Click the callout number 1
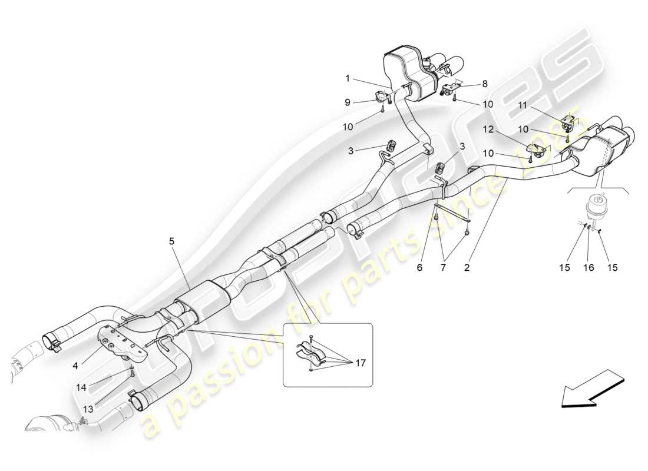(348, 78)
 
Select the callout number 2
(467, 268)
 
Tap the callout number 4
(76, 365)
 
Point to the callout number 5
(172, 240)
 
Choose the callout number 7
(444, 268)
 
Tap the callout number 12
(488, 129)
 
